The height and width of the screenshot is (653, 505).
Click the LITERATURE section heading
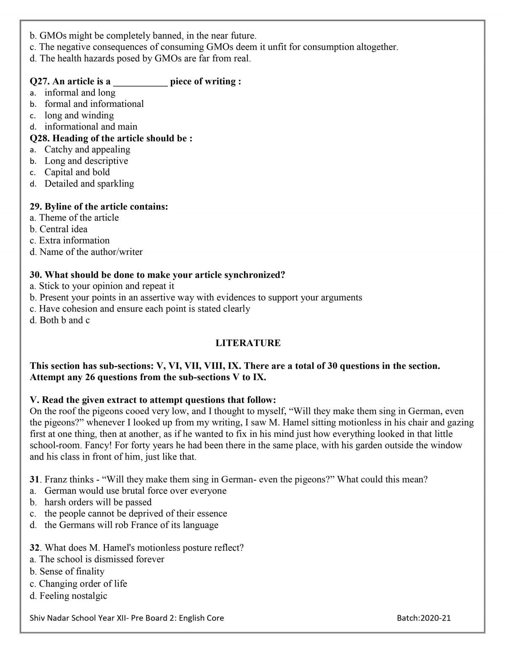(x=248, y=343)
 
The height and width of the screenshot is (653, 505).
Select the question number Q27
(x=39, y=82)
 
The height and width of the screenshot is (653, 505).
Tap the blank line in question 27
(x=140, y=82)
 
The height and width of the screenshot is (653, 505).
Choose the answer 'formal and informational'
(x=94, y=104)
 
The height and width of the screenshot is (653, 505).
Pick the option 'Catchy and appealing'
(x=87, y=149)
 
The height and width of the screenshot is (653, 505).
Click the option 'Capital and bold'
(x=77, y=172)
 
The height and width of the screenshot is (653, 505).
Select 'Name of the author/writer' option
(x=91, y=252)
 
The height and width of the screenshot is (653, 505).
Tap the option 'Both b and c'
(x=64, y=320)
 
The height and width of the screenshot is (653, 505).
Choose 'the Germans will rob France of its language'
(x=131, y=525)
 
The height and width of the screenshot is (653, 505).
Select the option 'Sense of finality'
(x=72, y=571)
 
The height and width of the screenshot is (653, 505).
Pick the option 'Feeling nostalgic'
(x=73, y=596)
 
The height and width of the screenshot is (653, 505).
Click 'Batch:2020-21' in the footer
(x=423, y=618)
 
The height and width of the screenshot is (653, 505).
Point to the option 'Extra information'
(x=74, y=241)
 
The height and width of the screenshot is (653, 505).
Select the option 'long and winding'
(x=79, y=115)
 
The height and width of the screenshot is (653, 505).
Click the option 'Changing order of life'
(x=83, y=584)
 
